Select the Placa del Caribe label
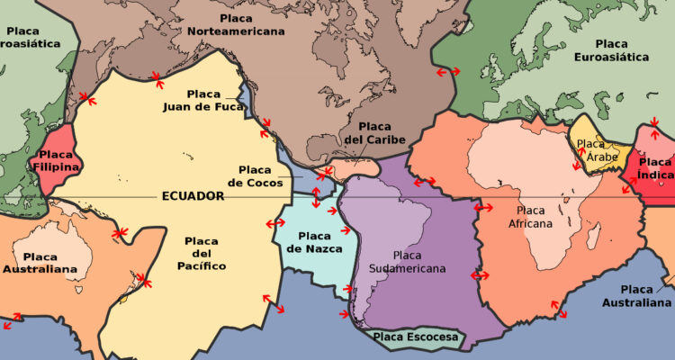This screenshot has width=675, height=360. (374, 132)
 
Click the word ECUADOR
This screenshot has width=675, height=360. (193, 196)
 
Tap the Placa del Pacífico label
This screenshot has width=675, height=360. (202, 254)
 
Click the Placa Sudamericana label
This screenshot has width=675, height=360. (407, 262)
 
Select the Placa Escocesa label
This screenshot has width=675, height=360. (416, 338)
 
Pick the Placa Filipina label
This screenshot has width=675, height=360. (55, 160)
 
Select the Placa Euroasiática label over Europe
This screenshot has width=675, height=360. (611, 50)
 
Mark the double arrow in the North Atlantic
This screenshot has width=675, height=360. (445, 71)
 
